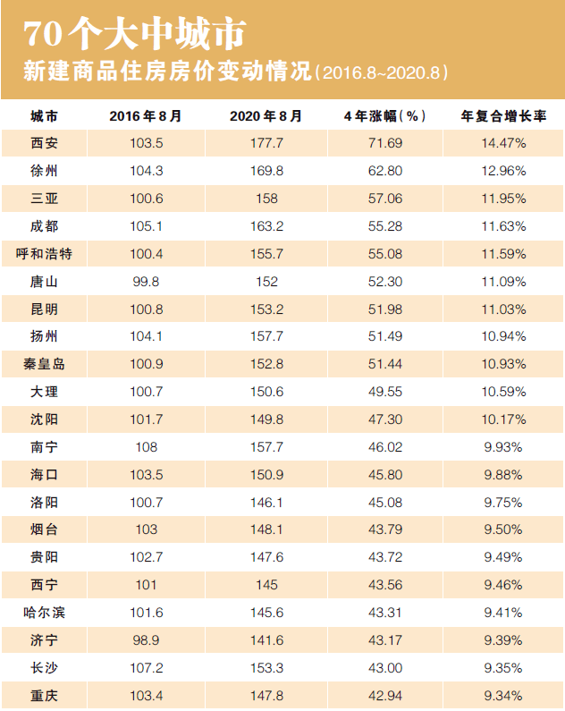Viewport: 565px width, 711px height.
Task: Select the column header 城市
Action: coord(44,116)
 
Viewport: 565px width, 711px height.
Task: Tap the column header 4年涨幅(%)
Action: coord(384,116)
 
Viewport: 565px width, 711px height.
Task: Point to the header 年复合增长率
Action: coord(503,116)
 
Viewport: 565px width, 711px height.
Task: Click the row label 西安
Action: coord(44,143)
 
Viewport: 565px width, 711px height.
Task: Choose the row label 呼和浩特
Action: coord(44,254)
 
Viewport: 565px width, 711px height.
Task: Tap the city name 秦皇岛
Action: coord(44,365)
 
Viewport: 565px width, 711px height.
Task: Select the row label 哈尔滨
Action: coord(44,614)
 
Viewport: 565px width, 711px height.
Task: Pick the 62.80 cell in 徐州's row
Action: coord(384,171)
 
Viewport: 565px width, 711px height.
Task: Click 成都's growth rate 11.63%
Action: coord(503,226)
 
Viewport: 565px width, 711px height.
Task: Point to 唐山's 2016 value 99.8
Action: coord(146,282)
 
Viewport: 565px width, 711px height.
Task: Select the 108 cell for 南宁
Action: coord(146,447)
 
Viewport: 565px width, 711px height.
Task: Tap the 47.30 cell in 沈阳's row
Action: coord(384,419)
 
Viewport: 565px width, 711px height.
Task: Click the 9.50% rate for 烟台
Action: coord(503,530)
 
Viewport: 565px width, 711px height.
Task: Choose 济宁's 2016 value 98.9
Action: coord(146,641)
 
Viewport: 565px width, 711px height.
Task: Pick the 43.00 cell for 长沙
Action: coord(384,669)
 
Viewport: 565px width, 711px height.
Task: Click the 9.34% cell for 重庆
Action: coord(503,696)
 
